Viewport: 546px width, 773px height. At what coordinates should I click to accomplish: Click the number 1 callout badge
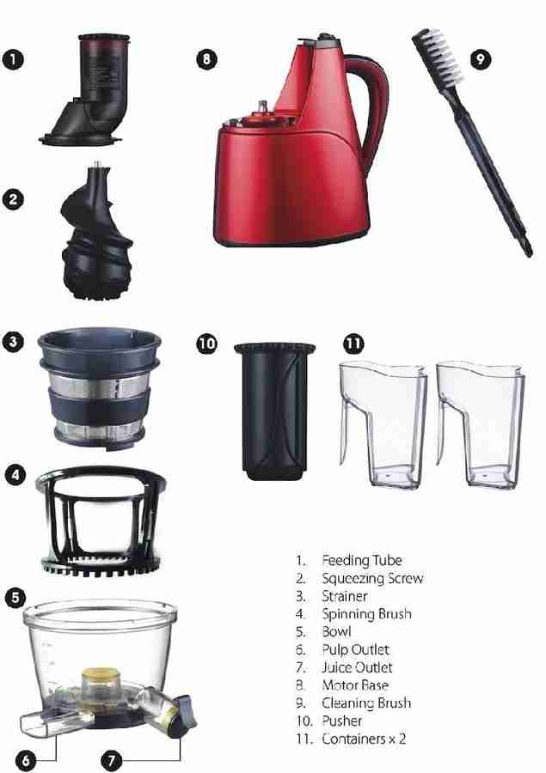click(x=13, y=59)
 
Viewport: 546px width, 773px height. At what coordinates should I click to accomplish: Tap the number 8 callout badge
click(x=206, y=59)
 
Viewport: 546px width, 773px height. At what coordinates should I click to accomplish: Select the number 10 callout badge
click(x=206, y=343)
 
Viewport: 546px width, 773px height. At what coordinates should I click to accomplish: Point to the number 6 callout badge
click(x=25, y=760)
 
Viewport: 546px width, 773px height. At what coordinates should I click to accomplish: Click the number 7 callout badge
click(x=111, y=760)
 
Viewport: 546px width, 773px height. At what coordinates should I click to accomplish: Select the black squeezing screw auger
click(x=96, y=234)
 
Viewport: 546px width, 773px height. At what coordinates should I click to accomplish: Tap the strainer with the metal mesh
click(x=100, y=388)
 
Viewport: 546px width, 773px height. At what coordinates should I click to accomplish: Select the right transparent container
click(x=480, y=424)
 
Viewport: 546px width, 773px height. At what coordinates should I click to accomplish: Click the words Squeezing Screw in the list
click(x=372, y=578)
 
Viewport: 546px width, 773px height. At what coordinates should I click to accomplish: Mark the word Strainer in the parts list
click(x=345, y=596)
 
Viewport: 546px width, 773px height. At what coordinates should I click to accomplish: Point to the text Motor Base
click(x=355, y=685)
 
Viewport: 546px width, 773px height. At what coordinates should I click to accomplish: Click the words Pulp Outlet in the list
click(x=356, y=650)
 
